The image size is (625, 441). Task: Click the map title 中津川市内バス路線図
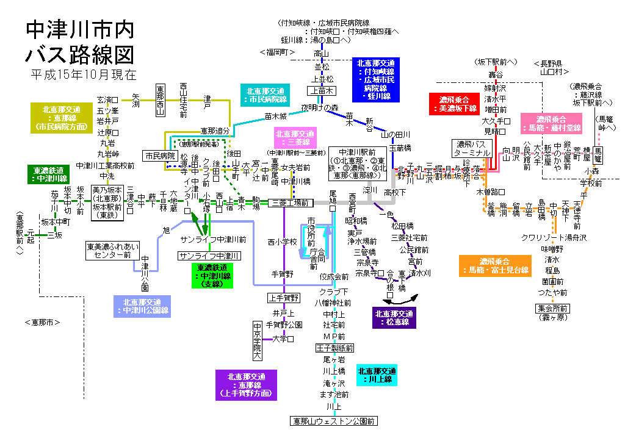(80, 42)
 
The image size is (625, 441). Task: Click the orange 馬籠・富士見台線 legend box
(495, 265)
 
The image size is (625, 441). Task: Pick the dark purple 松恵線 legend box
(394, 318)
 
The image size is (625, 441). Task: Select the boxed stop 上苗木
(321, 91)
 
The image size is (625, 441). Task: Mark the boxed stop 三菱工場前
(291, 203)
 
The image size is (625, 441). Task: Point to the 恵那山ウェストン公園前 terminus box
(333, 421)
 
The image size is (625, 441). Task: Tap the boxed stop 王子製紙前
(334, 348)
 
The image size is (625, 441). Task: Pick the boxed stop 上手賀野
(284, 298)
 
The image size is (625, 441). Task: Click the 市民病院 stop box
(160, 156)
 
